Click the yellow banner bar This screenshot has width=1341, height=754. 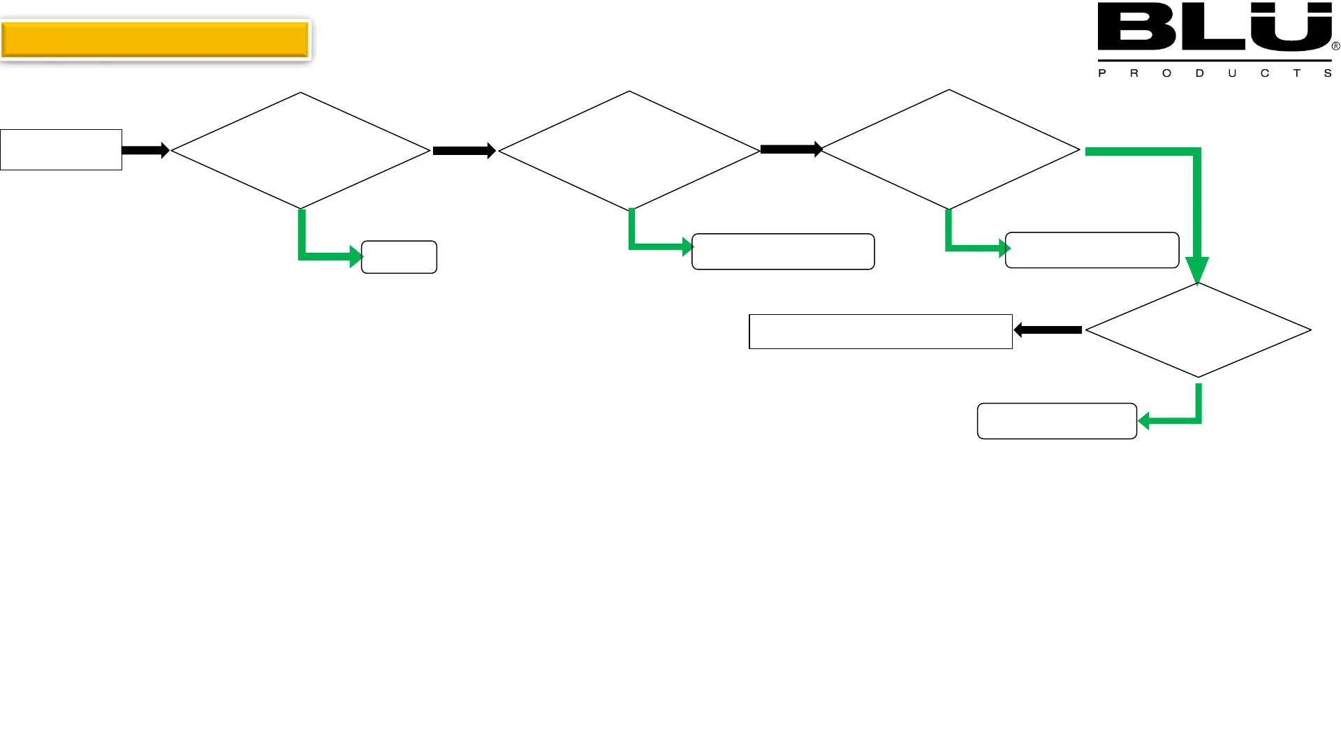point(155,40)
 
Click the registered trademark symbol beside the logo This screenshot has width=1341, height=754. point(1335,46)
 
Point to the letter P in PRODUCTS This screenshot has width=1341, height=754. point(1102,73)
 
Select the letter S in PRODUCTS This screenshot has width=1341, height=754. point(1328,73)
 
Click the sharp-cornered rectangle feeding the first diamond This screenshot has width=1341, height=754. point(61,149)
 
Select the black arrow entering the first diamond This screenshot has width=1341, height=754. point(145,150)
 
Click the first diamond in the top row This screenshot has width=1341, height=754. point(300,150)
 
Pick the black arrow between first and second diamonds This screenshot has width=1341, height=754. point(464,151)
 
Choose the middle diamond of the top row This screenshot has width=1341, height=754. point(629,151)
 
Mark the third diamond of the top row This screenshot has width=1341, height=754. point(949,149)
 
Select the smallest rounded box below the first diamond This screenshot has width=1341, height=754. point(399,257)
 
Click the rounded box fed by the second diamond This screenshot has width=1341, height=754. point(783,251)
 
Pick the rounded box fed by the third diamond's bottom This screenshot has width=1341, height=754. point(1092,250)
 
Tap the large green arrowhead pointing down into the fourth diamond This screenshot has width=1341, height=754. point(1197,269)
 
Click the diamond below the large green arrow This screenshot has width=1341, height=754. point(1198,330)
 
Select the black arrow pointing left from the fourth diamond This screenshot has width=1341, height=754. point(1048,330)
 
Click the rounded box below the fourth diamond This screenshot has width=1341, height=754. point(1057,421)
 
